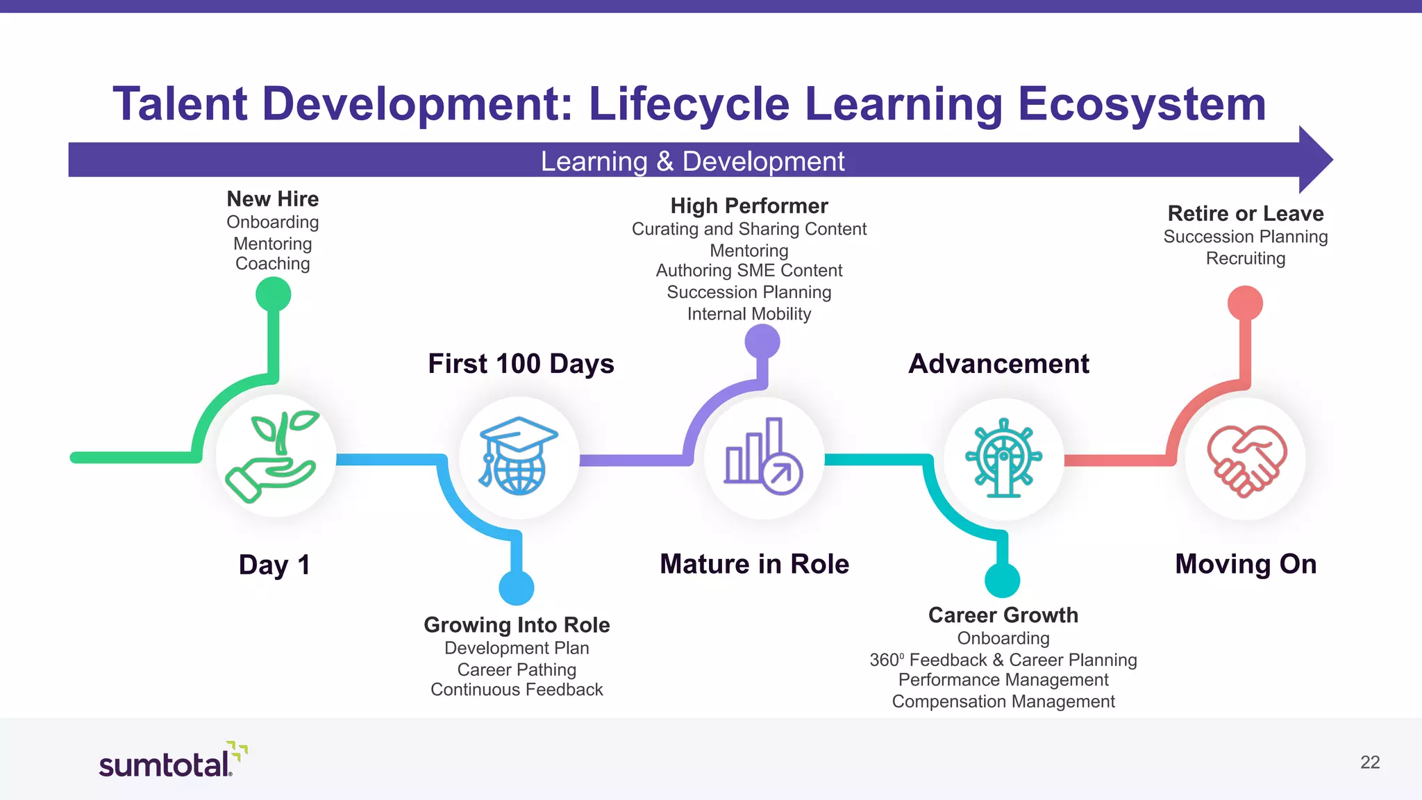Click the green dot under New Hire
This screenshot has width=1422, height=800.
point(273,294)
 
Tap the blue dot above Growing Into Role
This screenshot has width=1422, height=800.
point(517,588)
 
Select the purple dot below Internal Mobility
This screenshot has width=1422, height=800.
point(762,342)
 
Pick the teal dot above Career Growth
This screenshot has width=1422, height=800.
point(1003,580)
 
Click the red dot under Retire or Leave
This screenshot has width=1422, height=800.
point(1245,303)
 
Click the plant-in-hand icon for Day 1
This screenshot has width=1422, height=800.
point(276,456)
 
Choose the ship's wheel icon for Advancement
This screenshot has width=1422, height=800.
point(1003,458)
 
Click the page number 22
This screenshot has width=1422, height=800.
point(1370,762)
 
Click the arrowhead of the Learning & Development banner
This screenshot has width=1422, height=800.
point(1314,160)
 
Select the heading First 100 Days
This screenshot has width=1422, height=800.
point(521,364)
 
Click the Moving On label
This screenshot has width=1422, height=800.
point(1246,564)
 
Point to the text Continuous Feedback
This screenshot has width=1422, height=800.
point(517,690)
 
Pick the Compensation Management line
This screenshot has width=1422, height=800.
point(1003,701)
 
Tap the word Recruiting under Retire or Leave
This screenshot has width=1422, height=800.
point(1246,258)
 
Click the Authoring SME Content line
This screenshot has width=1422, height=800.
point(749,270)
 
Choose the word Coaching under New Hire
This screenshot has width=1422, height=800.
point(273,263)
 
